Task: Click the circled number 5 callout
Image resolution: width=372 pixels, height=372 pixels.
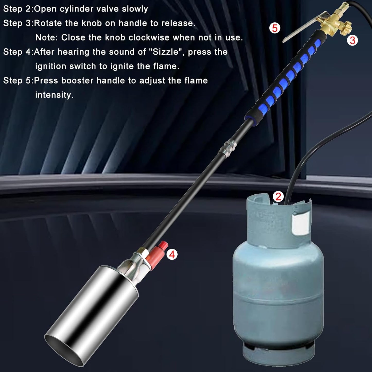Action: [274, 28]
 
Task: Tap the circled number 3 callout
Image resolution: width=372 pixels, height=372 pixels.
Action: [352, 40]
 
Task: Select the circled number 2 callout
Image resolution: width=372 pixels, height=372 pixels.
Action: [278, 197]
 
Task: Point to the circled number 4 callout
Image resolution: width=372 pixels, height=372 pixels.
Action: [172, 255]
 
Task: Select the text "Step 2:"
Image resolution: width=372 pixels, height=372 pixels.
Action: [18, 9]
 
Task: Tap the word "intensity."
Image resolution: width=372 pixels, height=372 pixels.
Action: [54, 95]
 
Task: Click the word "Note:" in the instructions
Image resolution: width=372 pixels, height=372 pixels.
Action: [47, 38]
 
